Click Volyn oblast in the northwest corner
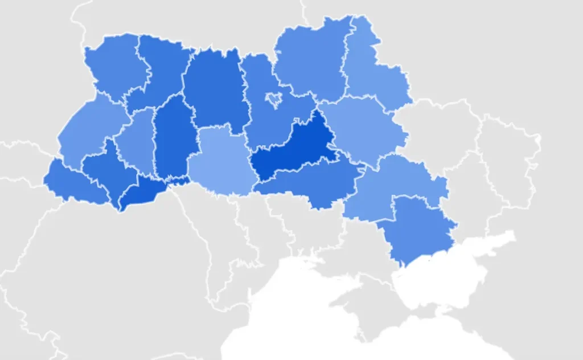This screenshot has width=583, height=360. click(114, 66)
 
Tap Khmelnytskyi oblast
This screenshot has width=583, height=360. click(174, 140)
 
